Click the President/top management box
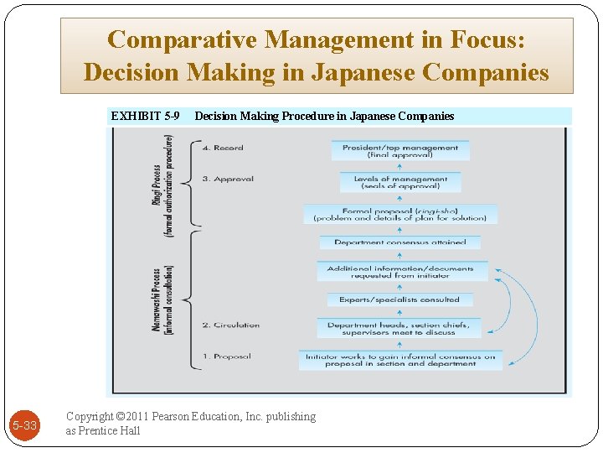400,151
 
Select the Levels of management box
400,182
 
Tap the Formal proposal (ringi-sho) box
400,214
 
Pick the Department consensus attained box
400,242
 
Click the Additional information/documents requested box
400,272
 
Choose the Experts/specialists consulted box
399,299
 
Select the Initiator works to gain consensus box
400,360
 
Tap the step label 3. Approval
228,179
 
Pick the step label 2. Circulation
230,325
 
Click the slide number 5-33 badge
24,425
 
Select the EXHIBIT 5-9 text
145,116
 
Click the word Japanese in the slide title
363,73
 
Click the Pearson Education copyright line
191,416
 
